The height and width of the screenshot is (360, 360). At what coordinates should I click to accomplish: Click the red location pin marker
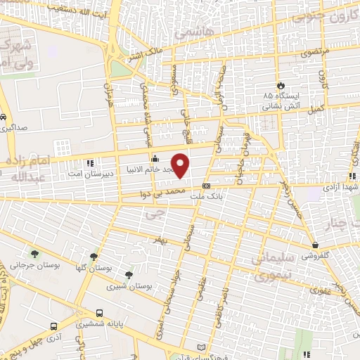(181, 165)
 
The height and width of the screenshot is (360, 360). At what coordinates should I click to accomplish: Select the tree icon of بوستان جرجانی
(34, 254)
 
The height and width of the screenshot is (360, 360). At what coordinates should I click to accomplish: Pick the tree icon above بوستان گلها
(94, 257)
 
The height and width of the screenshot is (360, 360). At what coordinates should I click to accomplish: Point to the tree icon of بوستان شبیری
(128, 275)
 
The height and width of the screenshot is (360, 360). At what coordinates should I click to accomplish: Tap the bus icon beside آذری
(54, 327)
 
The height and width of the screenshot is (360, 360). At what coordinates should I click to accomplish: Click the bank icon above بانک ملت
(205, 186)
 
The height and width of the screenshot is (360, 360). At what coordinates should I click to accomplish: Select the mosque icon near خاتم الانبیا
(155, 158)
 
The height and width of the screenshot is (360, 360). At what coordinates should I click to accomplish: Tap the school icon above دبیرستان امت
(89, 163)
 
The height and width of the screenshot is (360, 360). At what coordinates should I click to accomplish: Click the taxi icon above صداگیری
(5, 117)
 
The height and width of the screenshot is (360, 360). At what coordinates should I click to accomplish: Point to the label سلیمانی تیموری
(269, 268)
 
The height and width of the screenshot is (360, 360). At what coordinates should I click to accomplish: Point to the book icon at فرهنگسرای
(202, 348)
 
